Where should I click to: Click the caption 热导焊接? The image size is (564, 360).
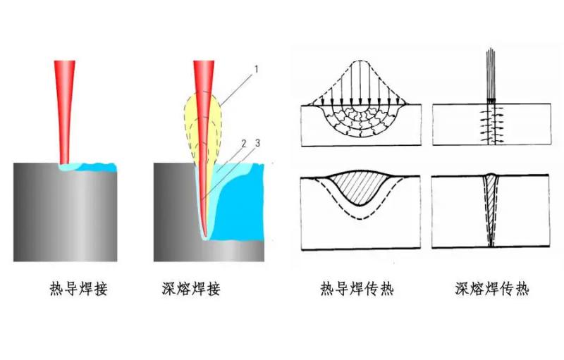tap(79, 289)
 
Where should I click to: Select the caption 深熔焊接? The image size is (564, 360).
tap(191, 289)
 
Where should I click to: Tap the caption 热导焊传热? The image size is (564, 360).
tap(357, 289)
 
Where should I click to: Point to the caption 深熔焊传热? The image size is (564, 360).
tap(492, 289)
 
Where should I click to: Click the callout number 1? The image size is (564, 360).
tap(257, 68)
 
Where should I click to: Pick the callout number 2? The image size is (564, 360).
tap(244, 144)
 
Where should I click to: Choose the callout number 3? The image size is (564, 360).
tap(257, 143)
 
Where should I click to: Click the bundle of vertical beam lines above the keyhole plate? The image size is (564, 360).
tap(491, 74)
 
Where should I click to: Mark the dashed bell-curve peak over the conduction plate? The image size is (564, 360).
tap(361, 61)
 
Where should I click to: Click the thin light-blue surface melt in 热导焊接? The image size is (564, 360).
tap(88, 167)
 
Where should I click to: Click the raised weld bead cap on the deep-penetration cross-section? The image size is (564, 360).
tap(491, 175)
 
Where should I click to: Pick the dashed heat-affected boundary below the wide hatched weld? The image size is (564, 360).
tap(361, 218)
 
